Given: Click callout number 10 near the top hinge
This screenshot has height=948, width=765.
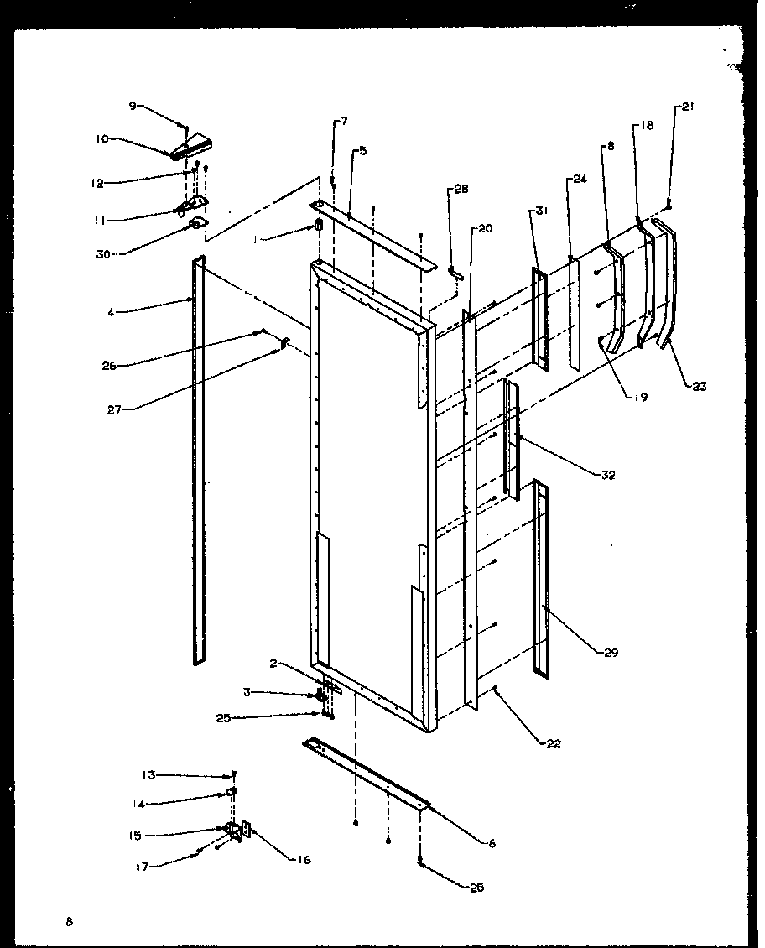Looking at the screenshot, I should [101, 138].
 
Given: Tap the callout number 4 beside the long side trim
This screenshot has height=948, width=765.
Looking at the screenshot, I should [111, 312].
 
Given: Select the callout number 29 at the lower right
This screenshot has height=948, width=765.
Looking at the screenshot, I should [611, 652].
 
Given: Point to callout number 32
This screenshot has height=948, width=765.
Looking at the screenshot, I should [608, 475].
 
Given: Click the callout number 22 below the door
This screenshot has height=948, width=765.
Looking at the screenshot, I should [553, 743].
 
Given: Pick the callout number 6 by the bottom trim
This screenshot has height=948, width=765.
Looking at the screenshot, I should [492, 843].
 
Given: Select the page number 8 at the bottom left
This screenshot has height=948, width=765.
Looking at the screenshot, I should [70, 921].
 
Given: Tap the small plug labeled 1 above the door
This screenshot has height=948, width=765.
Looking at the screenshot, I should [319, 227].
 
